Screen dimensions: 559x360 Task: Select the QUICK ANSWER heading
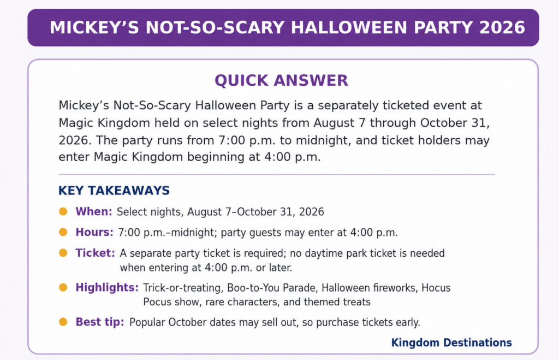tap(281, 81)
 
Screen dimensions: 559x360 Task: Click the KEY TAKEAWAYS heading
tap(114, 191)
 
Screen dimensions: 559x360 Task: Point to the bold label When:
tap(94, 211)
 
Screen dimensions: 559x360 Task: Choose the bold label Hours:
tap(94, 232)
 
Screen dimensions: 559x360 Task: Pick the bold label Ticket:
tap(95, 253)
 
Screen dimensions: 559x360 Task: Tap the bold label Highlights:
tap(107, 287)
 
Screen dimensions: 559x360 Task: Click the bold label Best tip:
tap(100, 322)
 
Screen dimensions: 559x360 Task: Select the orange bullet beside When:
tap(63, 211)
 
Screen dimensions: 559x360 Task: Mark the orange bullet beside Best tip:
tap(63, 322)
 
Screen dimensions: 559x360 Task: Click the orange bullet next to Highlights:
tap(63, 287)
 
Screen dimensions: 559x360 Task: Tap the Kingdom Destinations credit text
tap(451, 343)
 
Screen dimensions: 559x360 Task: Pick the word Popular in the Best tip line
tap(147, 322)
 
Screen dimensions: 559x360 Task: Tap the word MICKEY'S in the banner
tap(94, 27)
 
